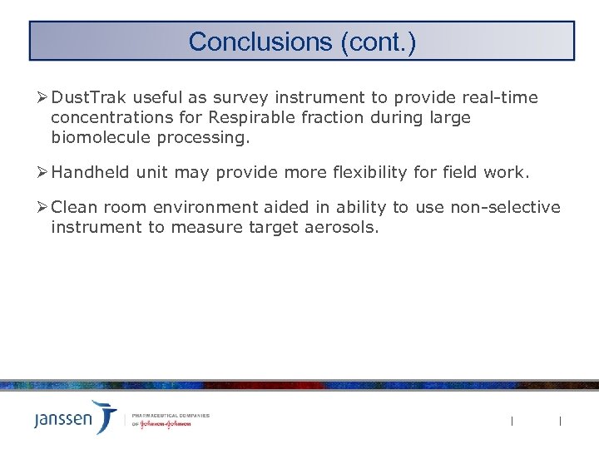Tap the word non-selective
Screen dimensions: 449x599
click(505, 208)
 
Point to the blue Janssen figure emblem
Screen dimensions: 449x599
click(105, 415)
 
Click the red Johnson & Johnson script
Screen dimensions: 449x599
click(166, 423)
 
